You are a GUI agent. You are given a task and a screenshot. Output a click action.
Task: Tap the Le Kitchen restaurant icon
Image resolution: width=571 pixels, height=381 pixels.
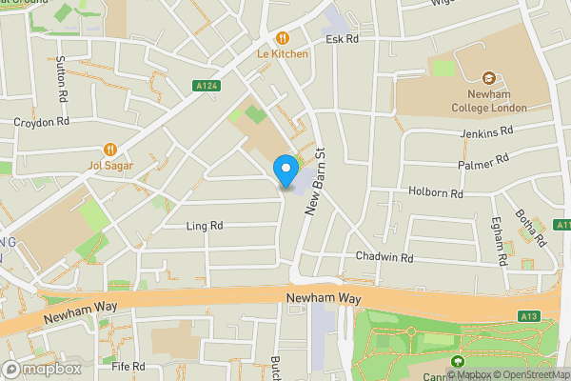point(283,38)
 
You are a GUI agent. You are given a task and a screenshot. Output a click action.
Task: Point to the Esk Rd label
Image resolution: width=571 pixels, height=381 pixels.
point(342,40)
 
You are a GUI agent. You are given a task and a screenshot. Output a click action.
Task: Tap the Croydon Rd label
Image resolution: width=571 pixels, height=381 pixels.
point(42,123)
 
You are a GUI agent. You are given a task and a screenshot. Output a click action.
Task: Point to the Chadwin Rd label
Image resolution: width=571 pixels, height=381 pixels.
point(384,257)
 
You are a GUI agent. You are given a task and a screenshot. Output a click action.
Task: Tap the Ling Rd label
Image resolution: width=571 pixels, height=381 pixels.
point(205,226)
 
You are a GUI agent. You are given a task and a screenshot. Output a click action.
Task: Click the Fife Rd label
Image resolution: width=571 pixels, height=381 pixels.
point(128,366)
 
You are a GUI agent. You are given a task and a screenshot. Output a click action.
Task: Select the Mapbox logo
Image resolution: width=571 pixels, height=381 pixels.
point(42,369)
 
